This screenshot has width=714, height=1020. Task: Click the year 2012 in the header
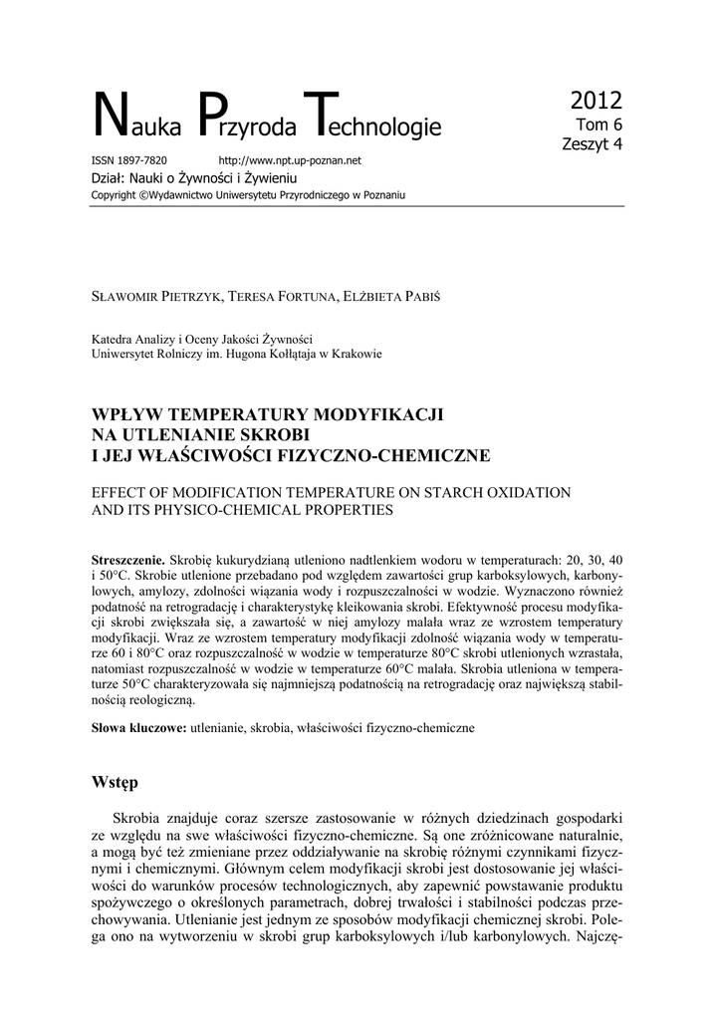pos(596,101)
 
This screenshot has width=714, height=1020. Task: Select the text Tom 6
pos(600,126)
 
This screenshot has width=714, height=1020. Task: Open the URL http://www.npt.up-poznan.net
pos(289,160)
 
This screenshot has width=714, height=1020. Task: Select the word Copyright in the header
pos(114,194)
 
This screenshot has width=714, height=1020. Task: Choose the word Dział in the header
pos(108,176)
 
